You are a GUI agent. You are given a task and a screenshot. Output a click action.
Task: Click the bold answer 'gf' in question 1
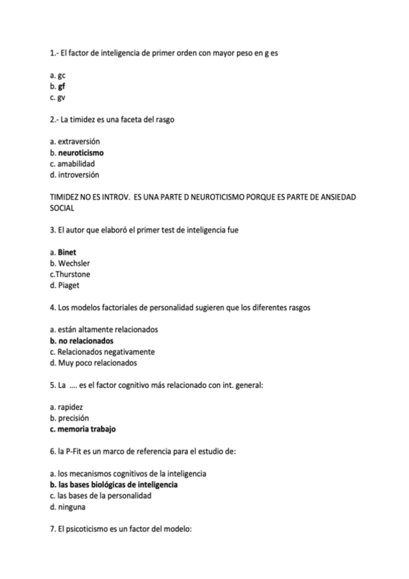point(61,87)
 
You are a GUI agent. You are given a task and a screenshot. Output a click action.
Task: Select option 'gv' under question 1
point(61,98)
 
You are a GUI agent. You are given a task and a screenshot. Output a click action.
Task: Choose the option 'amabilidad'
point(76,164)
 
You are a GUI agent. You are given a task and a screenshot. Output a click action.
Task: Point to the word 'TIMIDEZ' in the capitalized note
point(67,197)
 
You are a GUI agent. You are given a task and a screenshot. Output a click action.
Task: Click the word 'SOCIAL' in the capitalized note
point(62,208)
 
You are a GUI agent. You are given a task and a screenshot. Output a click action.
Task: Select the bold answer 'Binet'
point(67,252)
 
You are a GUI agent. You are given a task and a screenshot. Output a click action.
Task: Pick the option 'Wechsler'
point(74,263)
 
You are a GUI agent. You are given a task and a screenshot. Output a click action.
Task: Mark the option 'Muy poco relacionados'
point(94,363)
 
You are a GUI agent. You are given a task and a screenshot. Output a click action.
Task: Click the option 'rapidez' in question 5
point(70,407)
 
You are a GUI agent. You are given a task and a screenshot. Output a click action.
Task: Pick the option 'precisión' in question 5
point(73,418)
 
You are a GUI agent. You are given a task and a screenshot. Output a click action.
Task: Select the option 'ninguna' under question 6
point(72,507)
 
